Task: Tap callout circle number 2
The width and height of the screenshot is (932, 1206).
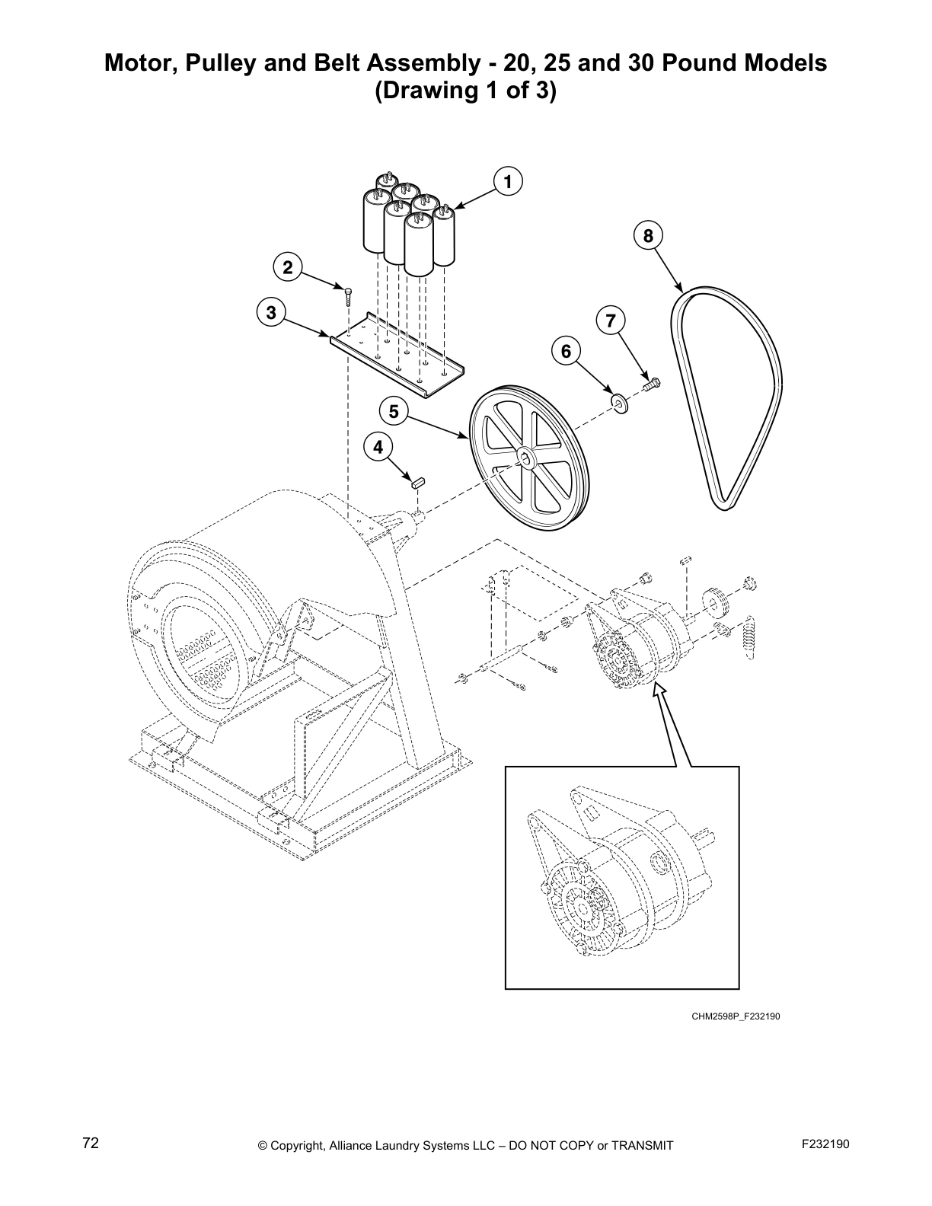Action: pyautogui.click(x=287, y=267)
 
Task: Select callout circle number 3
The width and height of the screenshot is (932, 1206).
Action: pyautogui.click(x=271, y=312)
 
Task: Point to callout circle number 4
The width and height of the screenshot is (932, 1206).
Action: pyautogui.click(x=378, y=447)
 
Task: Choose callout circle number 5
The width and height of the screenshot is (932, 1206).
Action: pyautogui.click(x=394, y=412)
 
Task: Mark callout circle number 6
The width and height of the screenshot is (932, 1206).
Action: pyautogui.click(x=566, y=351)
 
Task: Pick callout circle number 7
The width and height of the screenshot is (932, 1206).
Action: pyautogui.click(x=610, y=321)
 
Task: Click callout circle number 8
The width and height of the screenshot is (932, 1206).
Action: pyautogui.click(x=648, y=236)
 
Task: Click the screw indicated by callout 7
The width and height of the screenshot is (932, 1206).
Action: pyautogui.click(x=652, y=385)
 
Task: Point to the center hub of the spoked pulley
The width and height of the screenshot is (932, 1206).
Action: pyautogui.click(x=525, y=457)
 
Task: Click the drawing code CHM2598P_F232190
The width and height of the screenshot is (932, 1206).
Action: pyautogui.click(x=736, y=1016)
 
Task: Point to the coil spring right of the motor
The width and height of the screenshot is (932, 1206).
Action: pyautogui.click(x=750, y=633)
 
